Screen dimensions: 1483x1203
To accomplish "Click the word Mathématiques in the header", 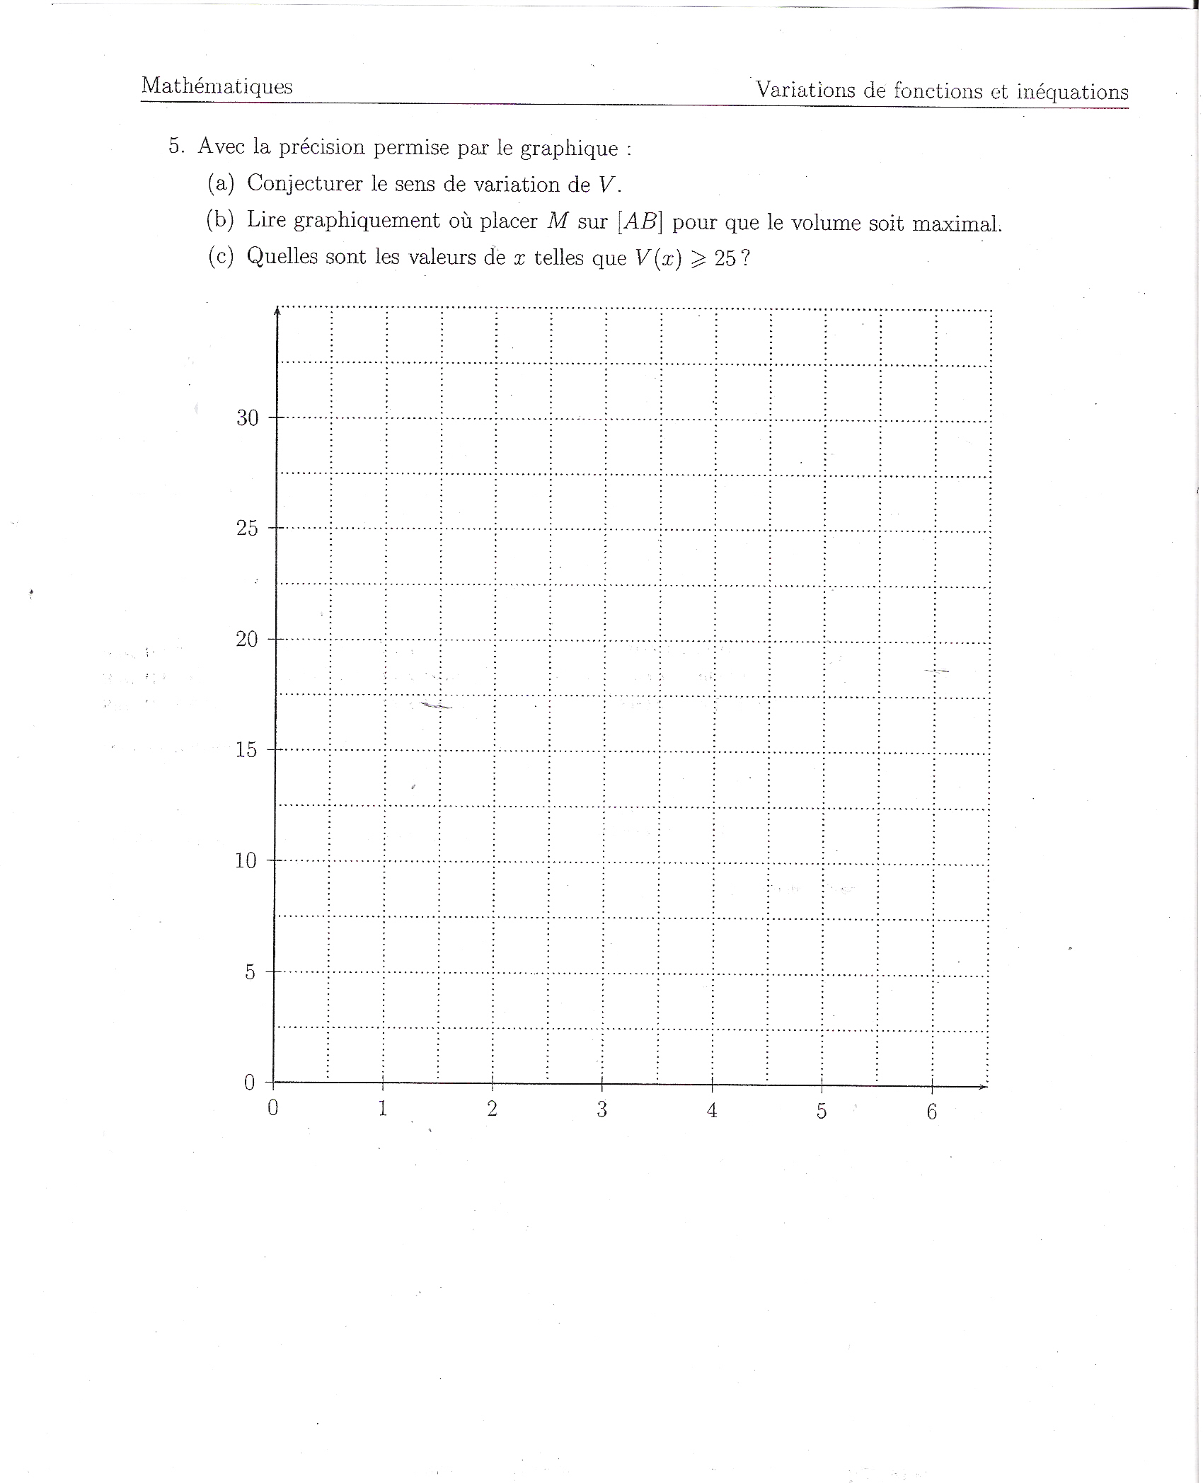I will click(217, 86).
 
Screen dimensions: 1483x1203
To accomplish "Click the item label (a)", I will click(220, 183).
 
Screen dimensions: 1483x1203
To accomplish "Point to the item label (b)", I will click(220, 220).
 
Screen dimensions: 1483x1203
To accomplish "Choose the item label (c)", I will click(220, 256).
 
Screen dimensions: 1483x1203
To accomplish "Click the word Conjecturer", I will click(304, 183).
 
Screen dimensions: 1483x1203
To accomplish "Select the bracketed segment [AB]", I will click(640, 222).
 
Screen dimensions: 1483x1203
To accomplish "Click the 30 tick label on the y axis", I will click(248, 418).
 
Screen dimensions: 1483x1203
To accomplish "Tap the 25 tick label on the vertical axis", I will click(247, 529).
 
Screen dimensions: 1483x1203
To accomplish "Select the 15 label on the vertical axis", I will click(246, 750).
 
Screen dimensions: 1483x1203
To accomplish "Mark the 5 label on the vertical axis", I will click(250, 972).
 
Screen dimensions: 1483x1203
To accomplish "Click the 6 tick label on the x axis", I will click(931, 1112).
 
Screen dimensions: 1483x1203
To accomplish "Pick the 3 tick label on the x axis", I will click(601, 1109).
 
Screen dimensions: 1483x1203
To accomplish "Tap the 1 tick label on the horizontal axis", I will click(382, 1108).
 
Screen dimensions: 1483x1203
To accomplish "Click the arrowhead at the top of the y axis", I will click(277, 310).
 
